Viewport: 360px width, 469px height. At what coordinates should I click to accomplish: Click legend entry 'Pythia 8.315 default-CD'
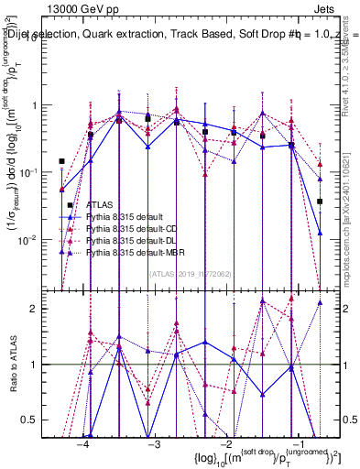click(x=136, y=227)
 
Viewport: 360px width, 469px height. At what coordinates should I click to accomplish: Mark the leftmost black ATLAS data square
click(x=61, y=161)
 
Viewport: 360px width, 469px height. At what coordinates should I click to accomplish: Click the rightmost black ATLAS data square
click(x=320, y=201)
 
